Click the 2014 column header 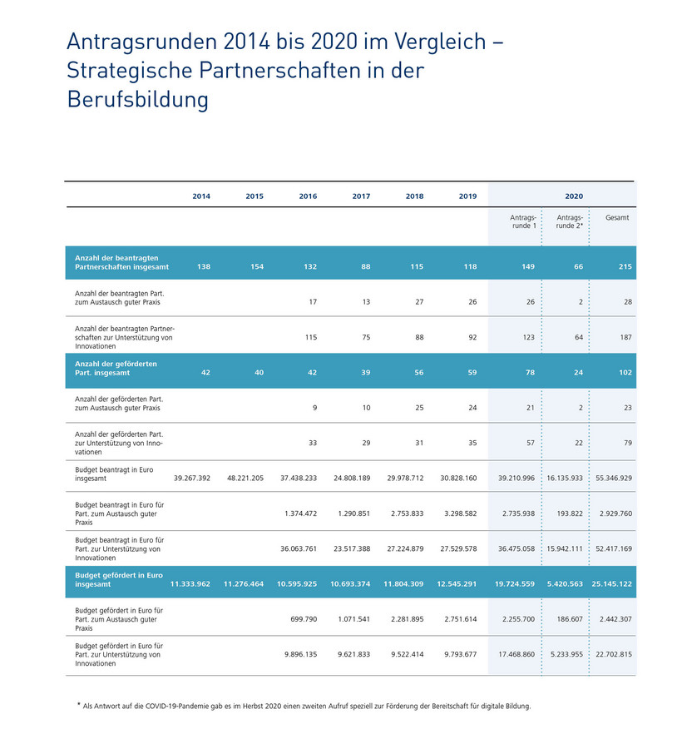(x=201, y=196)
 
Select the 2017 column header (x=361, y=196)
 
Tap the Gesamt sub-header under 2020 (x=617, y=218)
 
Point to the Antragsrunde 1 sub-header (x=523, y=221)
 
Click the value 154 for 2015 (x=255, y=266)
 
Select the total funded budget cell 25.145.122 (x=612, y=583)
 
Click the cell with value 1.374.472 (x=299, y=513)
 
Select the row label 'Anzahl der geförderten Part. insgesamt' (x=116, y=368)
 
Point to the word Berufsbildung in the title (x=137, y=100)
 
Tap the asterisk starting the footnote (x=79, y=705)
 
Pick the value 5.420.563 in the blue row (x=566, y=583)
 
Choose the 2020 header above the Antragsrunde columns (x=574, y=196)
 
